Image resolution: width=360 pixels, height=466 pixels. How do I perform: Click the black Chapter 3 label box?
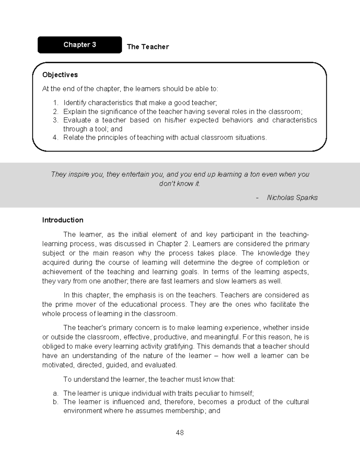coord(79,45)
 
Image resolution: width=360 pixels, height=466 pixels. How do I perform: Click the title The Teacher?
coord(148,47)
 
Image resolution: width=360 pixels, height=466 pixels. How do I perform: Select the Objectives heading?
coord(60,75)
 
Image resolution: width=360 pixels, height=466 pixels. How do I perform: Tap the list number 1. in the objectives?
coord(55,103)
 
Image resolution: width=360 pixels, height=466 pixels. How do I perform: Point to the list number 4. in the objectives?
coord(55,138)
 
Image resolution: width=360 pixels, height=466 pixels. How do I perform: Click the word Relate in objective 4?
coord(73,138)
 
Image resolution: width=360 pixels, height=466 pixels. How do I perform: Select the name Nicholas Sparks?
coord(292,198)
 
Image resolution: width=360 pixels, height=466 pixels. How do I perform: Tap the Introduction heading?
coord(63,220)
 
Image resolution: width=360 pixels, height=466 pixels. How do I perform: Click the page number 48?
coord(180,433)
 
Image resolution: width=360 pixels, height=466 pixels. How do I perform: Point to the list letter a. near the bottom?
coord(55,393)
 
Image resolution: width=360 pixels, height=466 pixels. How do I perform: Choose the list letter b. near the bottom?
coord(55,402)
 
